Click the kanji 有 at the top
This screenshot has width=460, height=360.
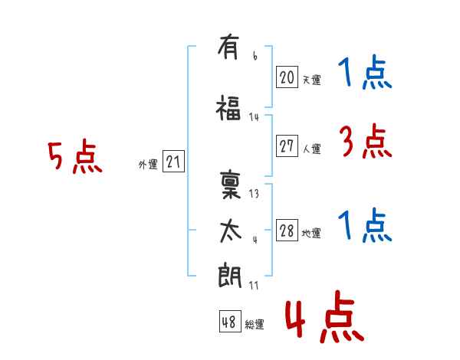pyautogui.click(x=228, y=47)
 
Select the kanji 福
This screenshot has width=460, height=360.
pyautogui.click(x=228, y=108)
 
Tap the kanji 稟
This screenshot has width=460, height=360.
pyautogui.click(x=230, y=185)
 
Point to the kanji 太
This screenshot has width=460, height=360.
pyautogui.click(x=231, y=231)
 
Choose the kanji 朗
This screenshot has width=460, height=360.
pyautogui.click(x=229, y=275)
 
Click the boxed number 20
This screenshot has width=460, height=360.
pyautogui.click(x=287, y=77)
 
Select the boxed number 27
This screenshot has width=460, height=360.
pyautogui.click(x=287, y=146)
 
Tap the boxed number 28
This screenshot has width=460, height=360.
pyautogui.click(x=287, y=230)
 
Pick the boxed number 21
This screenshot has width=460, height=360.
pyautogui.click(x=173, y=162)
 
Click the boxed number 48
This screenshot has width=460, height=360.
pyautogui.click(x=230, y=321)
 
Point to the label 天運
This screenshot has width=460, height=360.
pyautogui.click(x=311, y=80)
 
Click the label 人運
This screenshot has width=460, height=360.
pyautogui.click(x=311, y=149)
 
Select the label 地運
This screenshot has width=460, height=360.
pyautogui.click(x=311, y=233)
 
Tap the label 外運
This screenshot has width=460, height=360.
pyautogui.click(x=148, y=165)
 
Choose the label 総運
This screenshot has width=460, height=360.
pyautogui.click(x=255, y=325)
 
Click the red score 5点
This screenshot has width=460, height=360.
pyautogui.click(x=75, y=156)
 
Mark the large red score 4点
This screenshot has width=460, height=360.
pyautogui.click(x=324, y=317)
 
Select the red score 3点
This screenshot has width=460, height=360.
pyautogui.click(x=366, y=141)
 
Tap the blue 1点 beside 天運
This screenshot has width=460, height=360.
pyautogui.click(x=365, y=71)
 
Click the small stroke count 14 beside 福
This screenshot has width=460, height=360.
pyautogui.click(x=254, y=117)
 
